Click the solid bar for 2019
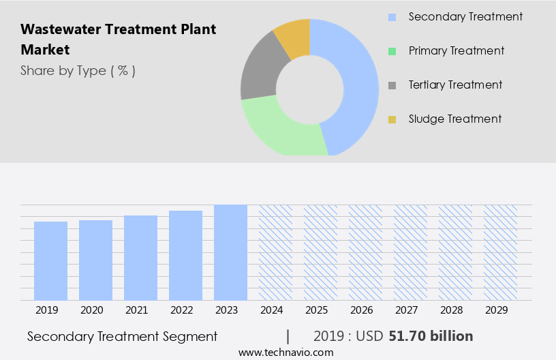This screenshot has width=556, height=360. tap(50, 260)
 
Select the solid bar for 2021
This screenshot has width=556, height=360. tap(140, 258)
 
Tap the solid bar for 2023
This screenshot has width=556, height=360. tap(230, 252)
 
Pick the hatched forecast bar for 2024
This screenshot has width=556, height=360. tap(275, 252)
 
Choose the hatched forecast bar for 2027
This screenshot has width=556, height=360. tap(410, 252)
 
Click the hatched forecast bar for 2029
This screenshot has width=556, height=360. tap(500, 252)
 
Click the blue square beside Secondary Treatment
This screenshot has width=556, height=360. tap(392, 17)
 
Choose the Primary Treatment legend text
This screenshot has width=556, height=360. tap(456, 50)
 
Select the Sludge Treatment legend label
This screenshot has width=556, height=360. tap(454, 119)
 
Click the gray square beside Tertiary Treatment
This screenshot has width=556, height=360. tap(392, 85)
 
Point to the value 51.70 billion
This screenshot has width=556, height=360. tap(431, 336)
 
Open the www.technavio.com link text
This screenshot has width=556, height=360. tap(286, 352)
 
